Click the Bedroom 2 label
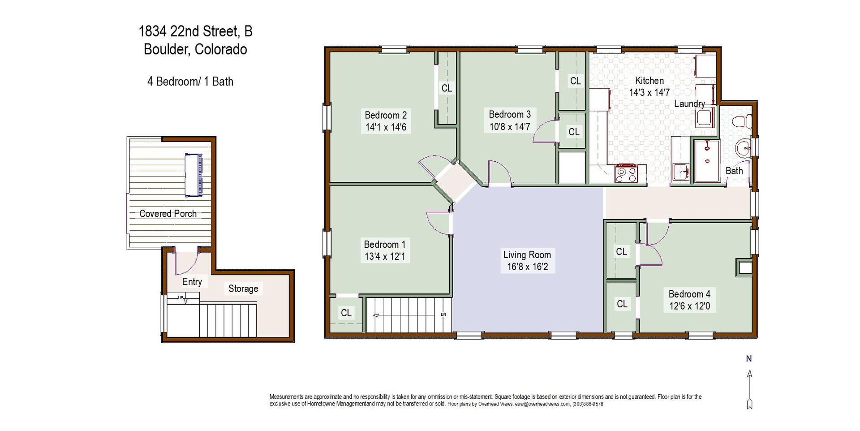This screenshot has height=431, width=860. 386,115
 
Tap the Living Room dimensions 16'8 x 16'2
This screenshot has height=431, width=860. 527,267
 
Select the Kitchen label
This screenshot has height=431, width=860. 649,81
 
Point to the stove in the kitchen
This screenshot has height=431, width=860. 626,173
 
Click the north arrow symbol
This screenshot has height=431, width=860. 749,389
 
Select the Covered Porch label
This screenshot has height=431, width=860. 168,214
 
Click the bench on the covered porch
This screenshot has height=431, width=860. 193,175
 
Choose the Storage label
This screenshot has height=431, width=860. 243,289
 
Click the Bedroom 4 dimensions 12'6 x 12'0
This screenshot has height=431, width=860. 689,306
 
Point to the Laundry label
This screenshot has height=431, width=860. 690,104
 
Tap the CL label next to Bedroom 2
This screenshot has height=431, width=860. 447,88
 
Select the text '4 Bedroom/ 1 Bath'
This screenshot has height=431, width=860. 190,82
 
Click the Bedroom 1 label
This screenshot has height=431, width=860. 385,245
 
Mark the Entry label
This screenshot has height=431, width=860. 192,282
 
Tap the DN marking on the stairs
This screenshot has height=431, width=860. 443,315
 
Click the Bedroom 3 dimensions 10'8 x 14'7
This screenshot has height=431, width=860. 510,127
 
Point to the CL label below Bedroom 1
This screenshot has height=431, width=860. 346,313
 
